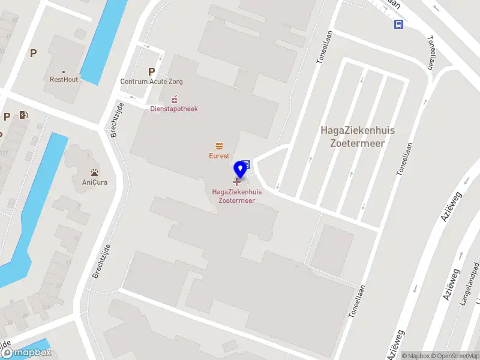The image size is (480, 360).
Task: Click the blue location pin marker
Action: click(x=241, y=168)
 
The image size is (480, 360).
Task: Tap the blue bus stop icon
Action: click(x=398, y=24)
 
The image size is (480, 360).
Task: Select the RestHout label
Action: click(x=64, y=79)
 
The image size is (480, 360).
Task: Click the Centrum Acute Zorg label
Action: click(x=151, y=82)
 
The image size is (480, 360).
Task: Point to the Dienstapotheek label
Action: click(x=173, y=109)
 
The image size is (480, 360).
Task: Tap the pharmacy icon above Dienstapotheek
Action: click(x=175, y=98)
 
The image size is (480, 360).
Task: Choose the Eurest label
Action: click(x=219, y=156)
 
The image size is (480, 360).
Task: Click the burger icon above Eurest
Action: click(x=219, y=146)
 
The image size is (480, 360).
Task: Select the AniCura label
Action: click(x=95, y=182)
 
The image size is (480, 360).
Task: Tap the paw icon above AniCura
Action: click(x=95, y=172)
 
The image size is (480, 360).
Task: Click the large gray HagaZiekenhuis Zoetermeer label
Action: click(x=353, y=136)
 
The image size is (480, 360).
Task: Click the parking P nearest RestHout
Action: click(x=34, y=53)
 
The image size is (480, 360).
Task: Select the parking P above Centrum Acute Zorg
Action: click(x=151, y=71)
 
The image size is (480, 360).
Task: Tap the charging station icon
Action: click(x=23, y=115)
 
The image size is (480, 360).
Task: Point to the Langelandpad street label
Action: click(x=469, y=284)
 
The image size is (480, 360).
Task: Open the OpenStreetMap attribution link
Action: click(x=455, y=356)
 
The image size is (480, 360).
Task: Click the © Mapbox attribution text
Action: click(x=416, y=356)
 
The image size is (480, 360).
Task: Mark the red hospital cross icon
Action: click(x=236, y=182)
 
